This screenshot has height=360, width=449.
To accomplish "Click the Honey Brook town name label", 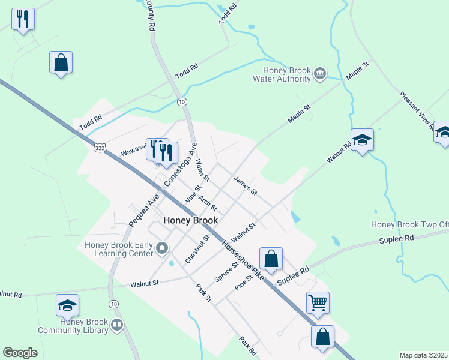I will click(x=190, y=220).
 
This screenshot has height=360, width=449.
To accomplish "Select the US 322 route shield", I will click(x=100, y=146).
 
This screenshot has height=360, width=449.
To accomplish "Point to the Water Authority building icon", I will click(x=320, y=73).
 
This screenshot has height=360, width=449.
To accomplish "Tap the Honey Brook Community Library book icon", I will click(x=117, y=326).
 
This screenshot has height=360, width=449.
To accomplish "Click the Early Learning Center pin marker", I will click(x=161, y=248).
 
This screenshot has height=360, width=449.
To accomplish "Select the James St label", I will click(x=245, y=185).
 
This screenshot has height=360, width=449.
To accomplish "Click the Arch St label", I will click(x=207, y=202).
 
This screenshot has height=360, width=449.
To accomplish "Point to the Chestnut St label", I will click(x=197, y=249).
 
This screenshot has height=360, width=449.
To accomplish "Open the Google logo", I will click(x=20, y=353).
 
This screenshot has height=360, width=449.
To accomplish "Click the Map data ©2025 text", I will click(x=423, y=355).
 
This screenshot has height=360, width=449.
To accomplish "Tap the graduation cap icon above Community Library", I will click(x=67, y=305).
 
